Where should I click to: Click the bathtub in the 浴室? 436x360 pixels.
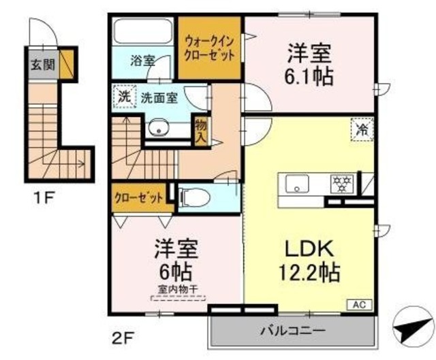tap(142, 33)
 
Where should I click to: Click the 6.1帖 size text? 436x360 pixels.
tap(309, 76)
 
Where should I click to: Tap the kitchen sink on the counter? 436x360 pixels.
tap(298, 183)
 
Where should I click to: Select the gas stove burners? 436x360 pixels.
tap(340, 183)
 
